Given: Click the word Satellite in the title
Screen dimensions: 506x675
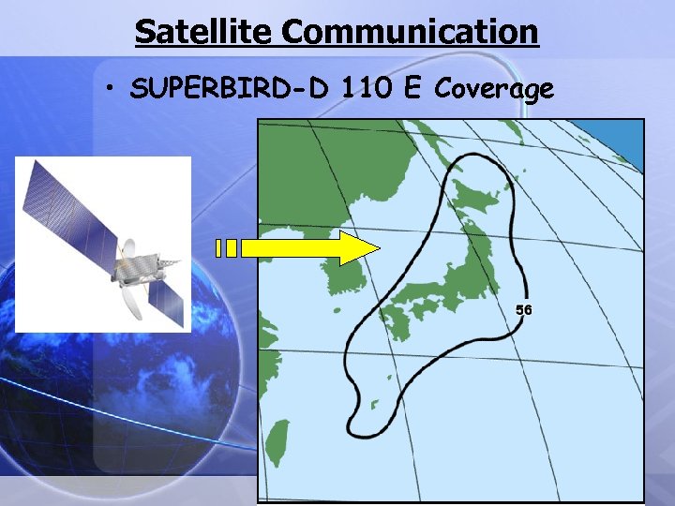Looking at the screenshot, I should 204,31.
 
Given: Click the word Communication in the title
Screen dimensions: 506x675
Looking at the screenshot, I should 410,31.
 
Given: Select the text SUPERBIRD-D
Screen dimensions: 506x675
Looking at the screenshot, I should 232,90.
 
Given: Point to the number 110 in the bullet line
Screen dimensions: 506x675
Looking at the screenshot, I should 367,90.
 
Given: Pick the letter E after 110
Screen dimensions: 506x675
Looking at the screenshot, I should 412,90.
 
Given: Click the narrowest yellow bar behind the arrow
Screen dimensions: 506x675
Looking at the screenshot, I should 218,248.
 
